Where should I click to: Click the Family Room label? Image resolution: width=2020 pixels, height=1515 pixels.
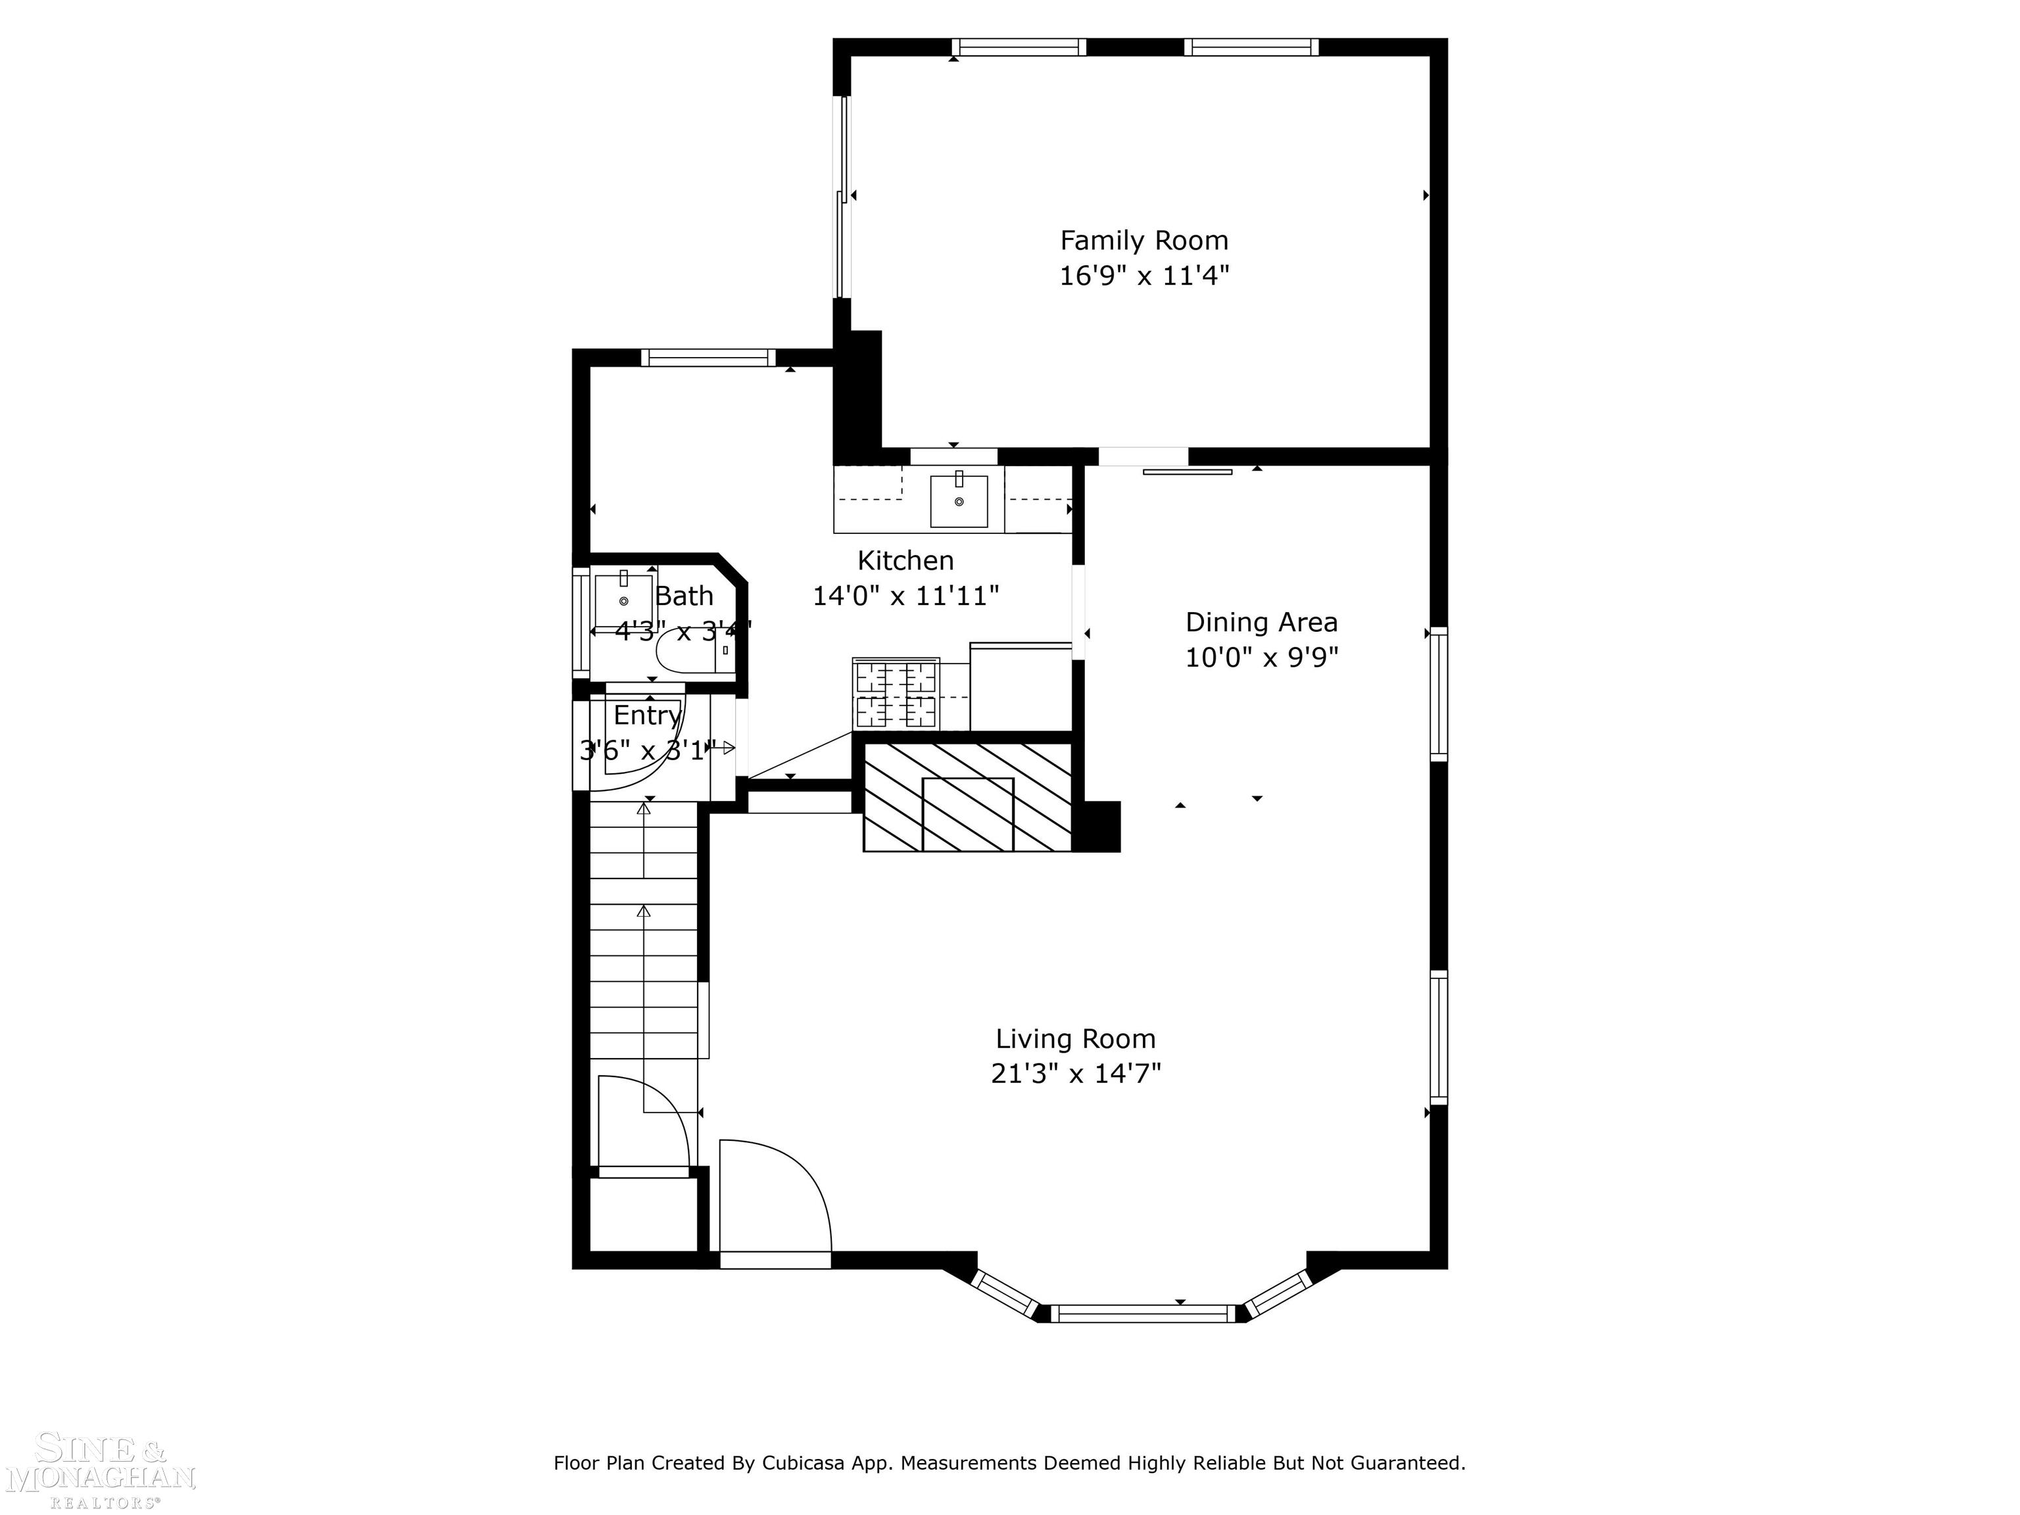(1143, 241)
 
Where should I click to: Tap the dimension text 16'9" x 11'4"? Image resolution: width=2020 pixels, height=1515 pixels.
(1143, 276)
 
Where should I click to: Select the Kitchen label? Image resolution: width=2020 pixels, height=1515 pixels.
(905, 561)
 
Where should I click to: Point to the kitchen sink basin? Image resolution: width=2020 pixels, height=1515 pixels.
(958, 501)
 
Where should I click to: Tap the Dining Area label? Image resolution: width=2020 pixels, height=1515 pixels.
(1261, 623)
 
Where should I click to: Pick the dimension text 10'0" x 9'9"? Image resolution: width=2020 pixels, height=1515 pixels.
(1261, 658)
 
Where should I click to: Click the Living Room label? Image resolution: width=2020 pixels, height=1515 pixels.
(1075, 1039)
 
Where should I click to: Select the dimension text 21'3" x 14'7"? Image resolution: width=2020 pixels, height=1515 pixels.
(1075, 1074)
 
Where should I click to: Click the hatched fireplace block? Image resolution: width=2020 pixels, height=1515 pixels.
(968, 797)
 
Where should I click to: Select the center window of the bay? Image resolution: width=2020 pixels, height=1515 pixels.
(1142, 1314)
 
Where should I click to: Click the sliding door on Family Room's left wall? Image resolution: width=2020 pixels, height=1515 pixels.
(844, 197)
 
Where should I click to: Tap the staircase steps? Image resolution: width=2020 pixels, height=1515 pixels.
(644, 940)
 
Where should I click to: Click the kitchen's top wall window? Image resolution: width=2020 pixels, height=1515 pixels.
(707, 357)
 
